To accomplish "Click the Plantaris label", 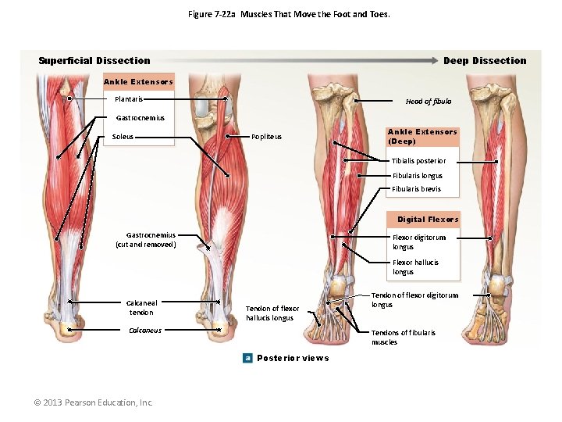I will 128,99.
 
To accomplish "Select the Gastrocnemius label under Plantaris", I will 140,118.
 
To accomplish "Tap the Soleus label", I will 123,137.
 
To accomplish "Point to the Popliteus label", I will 266,137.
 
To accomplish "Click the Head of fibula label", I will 428,102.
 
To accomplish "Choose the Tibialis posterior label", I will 418,161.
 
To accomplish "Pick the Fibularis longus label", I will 417,176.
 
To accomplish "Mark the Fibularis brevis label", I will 416,189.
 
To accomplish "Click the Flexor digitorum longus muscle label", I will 418,242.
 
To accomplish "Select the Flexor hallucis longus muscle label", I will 415,267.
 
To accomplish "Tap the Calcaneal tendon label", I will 141,308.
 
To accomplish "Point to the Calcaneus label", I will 144,331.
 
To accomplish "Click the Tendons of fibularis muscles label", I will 403,338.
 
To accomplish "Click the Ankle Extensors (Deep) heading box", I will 422,137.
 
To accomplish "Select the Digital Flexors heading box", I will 428,220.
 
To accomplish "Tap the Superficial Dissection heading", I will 94,61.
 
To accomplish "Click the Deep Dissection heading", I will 485,61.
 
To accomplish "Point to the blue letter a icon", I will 247,358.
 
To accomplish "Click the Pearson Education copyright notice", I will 93,402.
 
